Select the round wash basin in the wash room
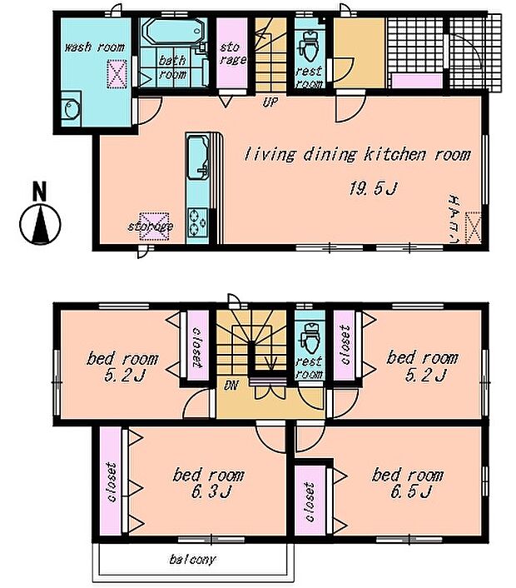[72, 109]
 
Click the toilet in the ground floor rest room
[310, 47]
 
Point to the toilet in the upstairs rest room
[310, 339]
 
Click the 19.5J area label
[373, 188]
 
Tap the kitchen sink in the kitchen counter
[198, 158]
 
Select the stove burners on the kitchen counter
[197, 222]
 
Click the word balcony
[192, 560]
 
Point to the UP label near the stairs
[270, 102]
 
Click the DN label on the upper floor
[231, 386]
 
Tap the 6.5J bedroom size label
[410, 491]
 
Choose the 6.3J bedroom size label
[211, 491]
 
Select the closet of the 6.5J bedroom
[310, 501]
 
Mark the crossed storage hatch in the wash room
[117, 74]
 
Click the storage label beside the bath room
[232, 53]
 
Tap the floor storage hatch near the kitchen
[154, 227]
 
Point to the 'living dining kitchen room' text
[357, 155]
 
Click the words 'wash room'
[94, 47]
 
